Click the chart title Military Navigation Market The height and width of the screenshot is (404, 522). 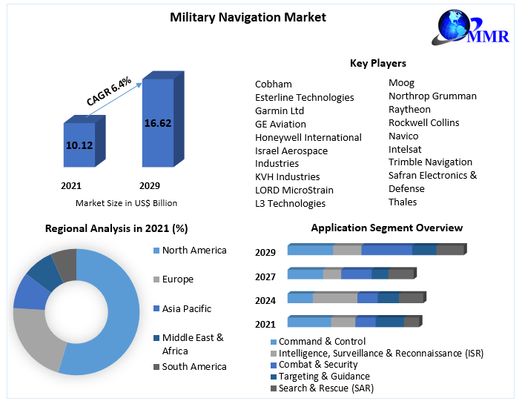[237, 17]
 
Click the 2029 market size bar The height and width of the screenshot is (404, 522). [157, 123]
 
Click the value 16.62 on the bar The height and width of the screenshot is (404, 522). [157, 123]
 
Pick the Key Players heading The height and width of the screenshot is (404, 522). [377, 63]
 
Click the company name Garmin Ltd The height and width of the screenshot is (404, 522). [280, 110]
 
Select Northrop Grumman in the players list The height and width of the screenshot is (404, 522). [432, 96]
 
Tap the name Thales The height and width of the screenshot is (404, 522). [403, 202]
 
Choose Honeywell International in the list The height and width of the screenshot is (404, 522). [308, 137]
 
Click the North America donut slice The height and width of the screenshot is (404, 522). [111, 311]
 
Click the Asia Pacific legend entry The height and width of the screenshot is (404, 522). [186, 308]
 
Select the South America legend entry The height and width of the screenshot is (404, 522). [194, 366]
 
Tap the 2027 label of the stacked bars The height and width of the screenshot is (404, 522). [265, 276]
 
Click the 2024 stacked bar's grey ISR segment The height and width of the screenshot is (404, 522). [334, 298]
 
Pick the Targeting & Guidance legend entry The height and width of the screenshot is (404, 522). [324, 376]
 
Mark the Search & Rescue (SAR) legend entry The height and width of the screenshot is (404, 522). [326, 388]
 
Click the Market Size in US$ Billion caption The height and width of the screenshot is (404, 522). [126, 202]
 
